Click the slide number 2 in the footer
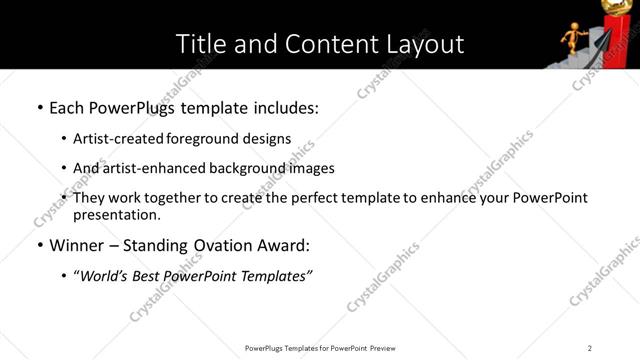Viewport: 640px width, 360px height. coord(590,347)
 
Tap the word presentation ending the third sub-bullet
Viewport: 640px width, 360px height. coord(117,214)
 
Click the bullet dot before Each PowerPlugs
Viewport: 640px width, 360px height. coord(40,106)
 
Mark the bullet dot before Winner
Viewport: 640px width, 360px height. coord(40,245)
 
